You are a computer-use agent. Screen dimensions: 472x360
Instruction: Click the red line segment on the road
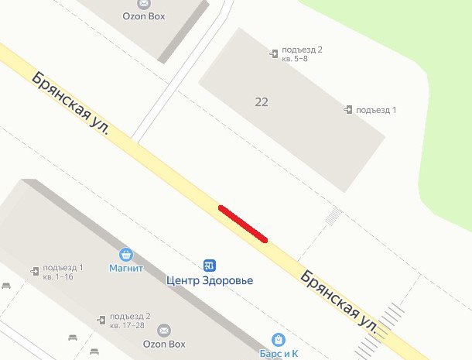click(243, 224)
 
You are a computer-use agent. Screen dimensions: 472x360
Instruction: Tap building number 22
click(261, 101)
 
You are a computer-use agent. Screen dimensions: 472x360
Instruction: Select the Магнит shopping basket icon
click(126, 254)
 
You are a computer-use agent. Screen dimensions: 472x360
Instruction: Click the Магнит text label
click(126, 269)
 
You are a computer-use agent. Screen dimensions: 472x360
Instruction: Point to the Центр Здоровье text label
click(210, 280)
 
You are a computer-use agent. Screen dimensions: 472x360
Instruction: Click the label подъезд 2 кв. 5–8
click(302, 54)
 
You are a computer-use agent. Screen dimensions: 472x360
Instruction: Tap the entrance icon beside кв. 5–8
click(274, 53)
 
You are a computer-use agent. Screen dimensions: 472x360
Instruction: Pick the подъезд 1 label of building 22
click(375, 110)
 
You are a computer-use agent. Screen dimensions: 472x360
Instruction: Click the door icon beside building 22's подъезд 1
click(348, 109)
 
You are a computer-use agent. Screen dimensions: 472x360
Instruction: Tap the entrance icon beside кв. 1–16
click(35, 270)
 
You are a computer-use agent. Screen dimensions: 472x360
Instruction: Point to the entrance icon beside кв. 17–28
click(101, 319)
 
